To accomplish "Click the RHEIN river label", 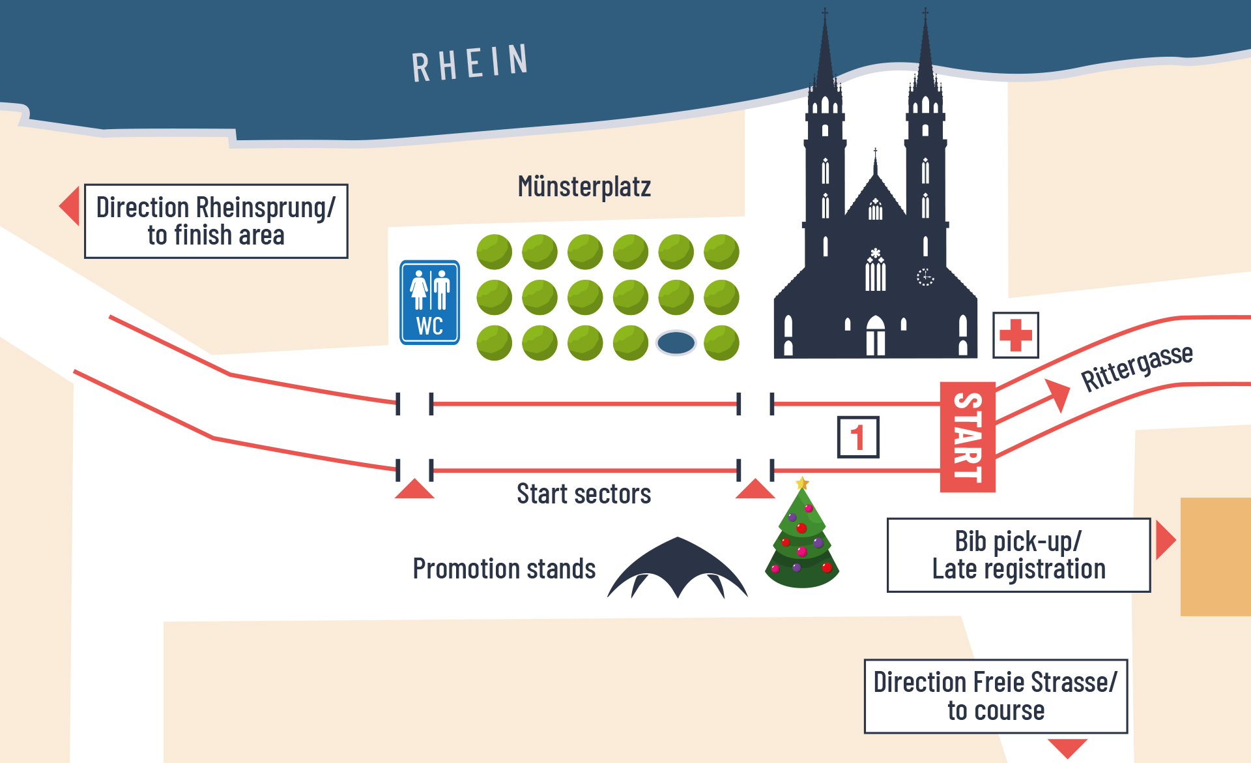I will click(470, 63).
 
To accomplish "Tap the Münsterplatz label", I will click(584, 187).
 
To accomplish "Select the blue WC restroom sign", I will click(429, 303).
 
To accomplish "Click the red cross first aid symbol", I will click(1015, 335).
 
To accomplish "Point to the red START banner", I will click(968, 437).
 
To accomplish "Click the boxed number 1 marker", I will click(857, 437).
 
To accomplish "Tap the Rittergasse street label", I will click(1136, 367).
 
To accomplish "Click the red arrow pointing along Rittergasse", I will click(1056, 394).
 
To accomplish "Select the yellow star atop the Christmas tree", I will click(802, 483).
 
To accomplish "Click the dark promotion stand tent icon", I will click(678, 567).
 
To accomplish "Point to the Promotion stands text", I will click(504, 569).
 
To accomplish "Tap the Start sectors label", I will click(584, 494).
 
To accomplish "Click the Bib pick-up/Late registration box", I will click(1018, 555).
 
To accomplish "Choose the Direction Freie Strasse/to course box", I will click(996, 696).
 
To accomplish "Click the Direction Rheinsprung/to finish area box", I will click(216, 221).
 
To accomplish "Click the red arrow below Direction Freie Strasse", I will click(1067, 747).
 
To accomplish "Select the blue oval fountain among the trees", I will click(676, 342).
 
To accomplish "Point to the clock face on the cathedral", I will click(925, 277).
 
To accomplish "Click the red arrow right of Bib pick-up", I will click(1164, 539).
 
